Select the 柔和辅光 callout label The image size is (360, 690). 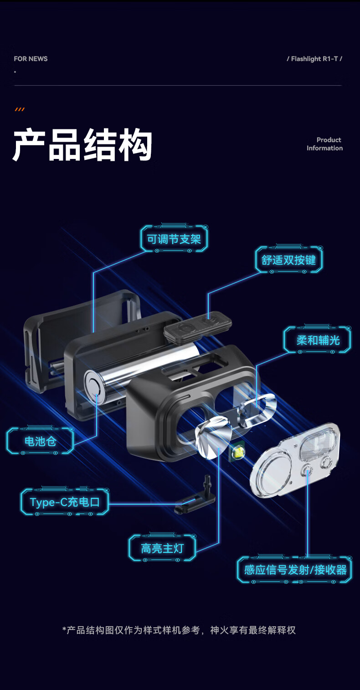[318, 340]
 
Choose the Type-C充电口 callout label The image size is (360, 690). [65, 502]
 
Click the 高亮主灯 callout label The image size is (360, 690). [162, 548]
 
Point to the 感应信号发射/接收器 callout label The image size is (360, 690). [295, 570]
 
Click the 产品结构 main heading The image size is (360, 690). [82, 145]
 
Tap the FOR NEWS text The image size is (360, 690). [31, 59]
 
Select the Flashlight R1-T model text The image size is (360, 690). [314, 59]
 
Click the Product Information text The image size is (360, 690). [324, 144]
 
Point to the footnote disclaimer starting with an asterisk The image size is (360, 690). [179, 630]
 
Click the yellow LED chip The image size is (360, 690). [239, 453]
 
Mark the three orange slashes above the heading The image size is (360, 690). [20, 109]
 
